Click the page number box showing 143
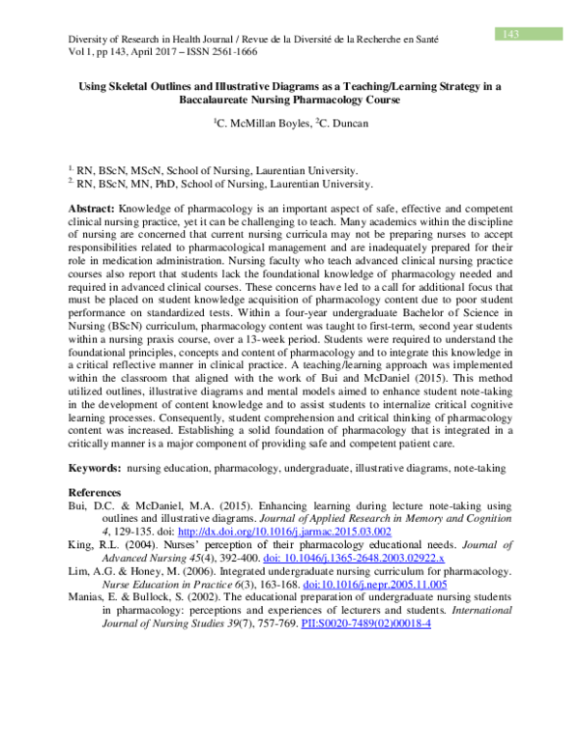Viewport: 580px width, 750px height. coord(511,35)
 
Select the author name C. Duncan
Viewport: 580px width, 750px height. coord(343,125)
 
